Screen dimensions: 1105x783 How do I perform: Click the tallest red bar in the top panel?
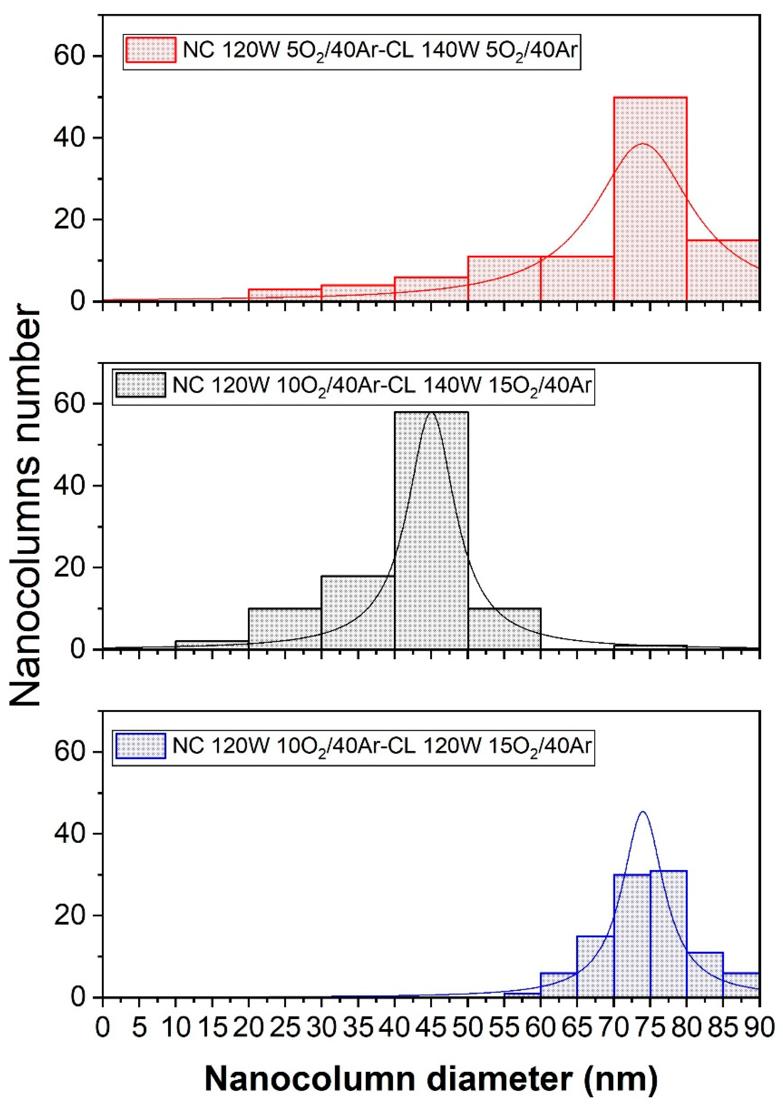click(x=650, y=203)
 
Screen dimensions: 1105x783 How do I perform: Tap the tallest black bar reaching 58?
click(x=431, y=531)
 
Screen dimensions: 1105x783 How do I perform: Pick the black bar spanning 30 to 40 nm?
click(x=358, y=613)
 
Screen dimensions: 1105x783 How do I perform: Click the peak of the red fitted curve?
click(x=642, y=144)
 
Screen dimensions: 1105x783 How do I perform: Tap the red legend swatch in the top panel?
click(x=151, y=50)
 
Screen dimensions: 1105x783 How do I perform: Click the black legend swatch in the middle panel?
click(x=141, y=385)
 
